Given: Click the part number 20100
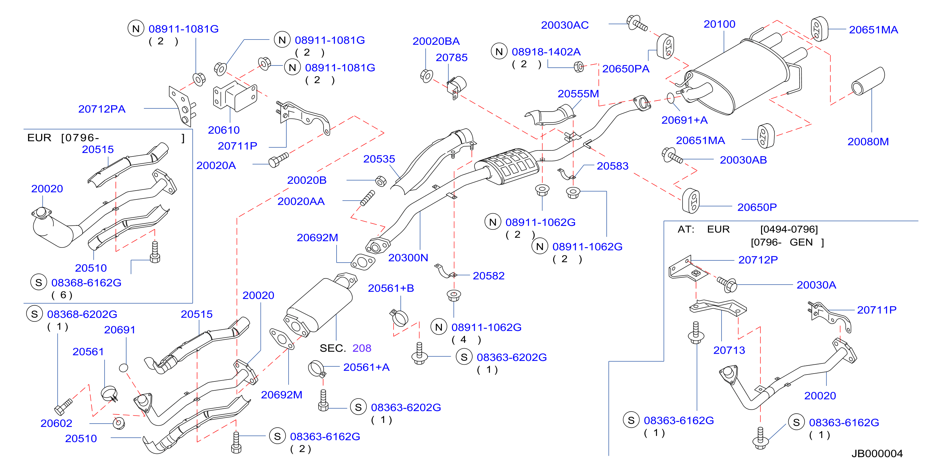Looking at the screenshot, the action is (x=719, y=24).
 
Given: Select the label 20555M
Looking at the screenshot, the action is (x=578, y=94).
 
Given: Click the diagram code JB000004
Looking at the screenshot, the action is (x=877, y=454).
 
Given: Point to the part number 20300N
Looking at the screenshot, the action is (x=408, y=258).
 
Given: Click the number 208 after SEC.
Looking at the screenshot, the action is (x=362, y=348).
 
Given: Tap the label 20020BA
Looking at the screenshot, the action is (x=436, y=41).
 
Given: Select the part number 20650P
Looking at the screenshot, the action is (x=757, y=207).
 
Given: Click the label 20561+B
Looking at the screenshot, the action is (x=391, y=288).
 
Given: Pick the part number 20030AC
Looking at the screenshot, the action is (x=565, y=25).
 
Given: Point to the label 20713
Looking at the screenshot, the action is (x=729, y=350).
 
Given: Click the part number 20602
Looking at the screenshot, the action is (x=56, y=423).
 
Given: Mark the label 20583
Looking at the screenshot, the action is (x=612, y=166).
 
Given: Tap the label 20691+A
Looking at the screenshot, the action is (x=684, y=120).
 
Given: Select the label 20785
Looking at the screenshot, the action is (x=452, y=58).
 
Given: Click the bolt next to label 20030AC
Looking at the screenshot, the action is (x=637, y=23).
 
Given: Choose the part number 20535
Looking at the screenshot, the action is (x=379, y=159).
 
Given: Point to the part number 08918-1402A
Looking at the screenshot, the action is (x=546, y=52).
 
